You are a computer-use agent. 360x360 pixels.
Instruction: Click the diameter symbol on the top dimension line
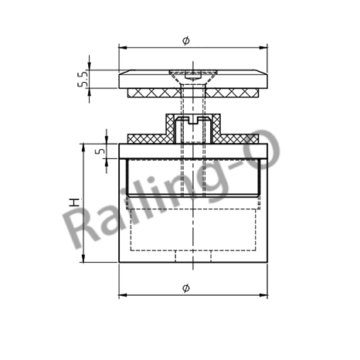coord(185,39)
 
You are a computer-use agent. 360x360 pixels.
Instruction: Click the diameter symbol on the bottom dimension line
coord(185,287)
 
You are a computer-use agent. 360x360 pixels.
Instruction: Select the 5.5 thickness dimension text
coord(83,80)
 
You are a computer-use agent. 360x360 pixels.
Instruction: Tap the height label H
coord(74,202)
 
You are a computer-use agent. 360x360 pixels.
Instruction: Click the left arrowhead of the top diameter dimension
coord(122,46)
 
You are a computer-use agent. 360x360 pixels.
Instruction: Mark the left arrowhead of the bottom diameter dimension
coord(122,294)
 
